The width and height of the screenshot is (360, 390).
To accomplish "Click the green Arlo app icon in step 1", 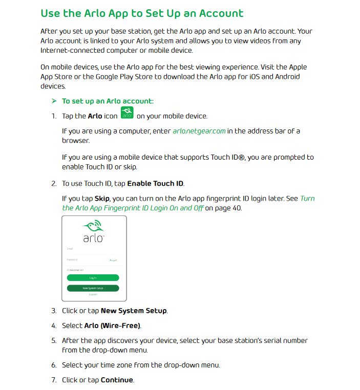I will [x=126, y=113].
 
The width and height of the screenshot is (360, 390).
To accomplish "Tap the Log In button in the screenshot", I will [x=93, y=277].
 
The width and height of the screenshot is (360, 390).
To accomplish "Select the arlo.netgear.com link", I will [x=199, y=131].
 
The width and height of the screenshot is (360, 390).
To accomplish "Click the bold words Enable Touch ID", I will [x=155, y=183].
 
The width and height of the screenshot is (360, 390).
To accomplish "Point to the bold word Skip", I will [x=102, y=199].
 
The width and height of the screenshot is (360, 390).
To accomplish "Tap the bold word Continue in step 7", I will [x=117, y=380].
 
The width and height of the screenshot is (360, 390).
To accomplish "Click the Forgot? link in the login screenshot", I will [x=113, y=261].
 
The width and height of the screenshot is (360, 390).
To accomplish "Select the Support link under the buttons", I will [x=93, y=295].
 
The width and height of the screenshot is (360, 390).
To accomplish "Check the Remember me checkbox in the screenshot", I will [x=69, y=270].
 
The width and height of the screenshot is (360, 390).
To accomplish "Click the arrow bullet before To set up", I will [x=54, y=101].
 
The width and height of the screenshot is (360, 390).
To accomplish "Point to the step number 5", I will [x=54, y=340].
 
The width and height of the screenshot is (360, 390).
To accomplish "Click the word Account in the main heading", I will [x=213, y=13].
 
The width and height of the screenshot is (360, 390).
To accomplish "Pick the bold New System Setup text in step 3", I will [x=134, y=311].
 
